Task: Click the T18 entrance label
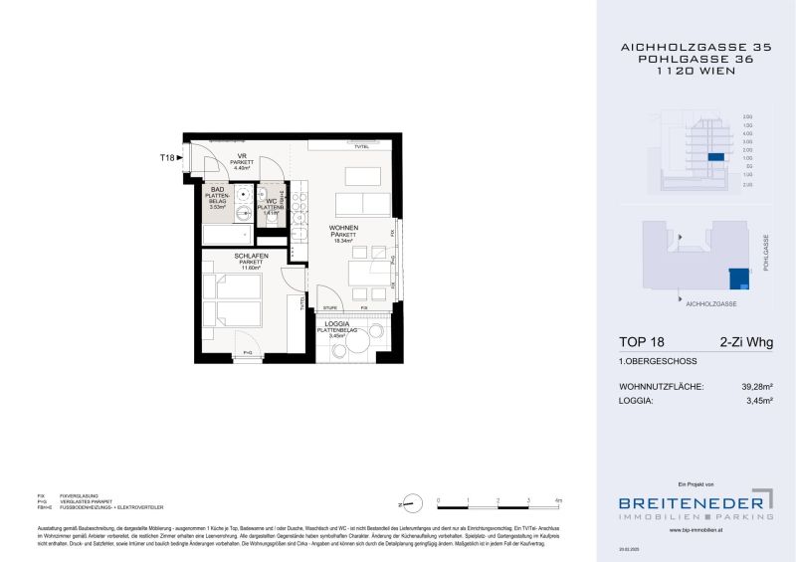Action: (167, 157)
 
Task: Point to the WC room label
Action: (270, 200)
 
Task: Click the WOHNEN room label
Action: (344, 228)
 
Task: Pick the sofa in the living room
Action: (361, 205)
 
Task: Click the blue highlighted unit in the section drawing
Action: (713, 157)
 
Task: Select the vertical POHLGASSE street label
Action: (766, 254)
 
